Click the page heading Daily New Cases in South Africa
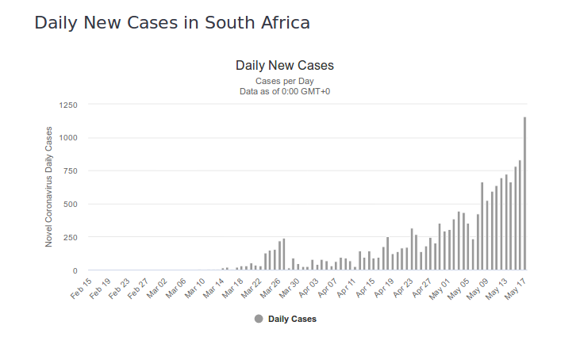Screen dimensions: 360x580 click(172, 23)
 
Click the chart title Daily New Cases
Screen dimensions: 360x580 click(285, 65)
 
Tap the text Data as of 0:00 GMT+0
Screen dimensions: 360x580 click(285, 91)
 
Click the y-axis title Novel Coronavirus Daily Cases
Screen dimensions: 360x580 click(49, 187)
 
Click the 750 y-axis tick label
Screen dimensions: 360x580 click(71, 171)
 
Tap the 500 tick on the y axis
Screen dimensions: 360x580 click(71, 204)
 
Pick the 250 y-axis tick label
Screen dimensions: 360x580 click(71, 237)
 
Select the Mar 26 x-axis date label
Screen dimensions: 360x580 click(270, 287)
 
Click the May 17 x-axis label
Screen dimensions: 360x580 click(514, 287)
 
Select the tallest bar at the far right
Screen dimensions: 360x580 click(524, 194)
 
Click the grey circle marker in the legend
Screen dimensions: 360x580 click(259, 319)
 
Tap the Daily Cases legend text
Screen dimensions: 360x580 click(292, 319)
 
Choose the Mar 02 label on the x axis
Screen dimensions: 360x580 click(157, 287)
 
